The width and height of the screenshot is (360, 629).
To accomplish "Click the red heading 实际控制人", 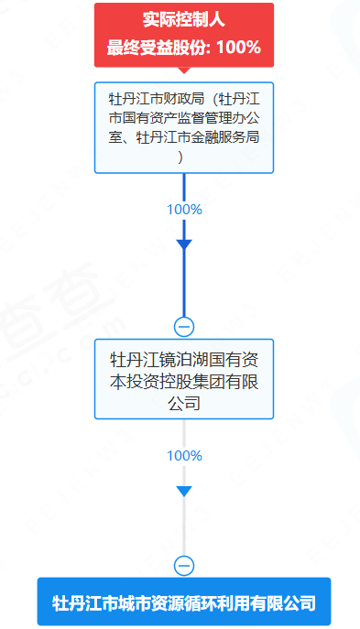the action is click(x=183, y=18).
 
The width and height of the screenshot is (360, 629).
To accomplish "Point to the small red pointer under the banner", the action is click(x=183, y=70).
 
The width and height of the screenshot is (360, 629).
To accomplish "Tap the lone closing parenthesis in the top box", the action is click(x=183, y=157).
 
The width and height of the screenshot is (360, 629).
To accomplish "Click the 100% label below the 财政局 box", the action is click(x=183, y=209).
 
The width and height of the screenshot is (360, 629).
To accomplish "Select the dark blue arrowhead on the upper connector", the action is click(x=183, y=244).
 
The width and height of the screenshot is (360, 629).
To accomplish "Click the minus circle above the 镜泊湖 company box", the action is click(x=183, y=326).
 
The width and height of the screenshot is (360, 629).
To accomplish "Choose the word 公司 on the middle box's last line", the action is click(x=183, y=403).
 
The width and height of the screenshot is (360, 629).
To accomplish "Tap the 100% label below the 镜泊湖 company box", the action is click(x=183, y=455).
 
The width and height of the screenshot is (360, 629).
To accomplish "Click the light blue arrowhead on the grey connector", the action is click(x=183, y=492).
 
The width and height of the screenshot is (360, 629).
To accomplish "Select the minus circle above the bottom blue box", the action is click(x=183, y=565).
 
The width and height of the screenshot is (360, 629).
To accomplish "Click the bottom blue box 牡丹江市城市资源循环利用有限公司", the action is click(x=183, y=603).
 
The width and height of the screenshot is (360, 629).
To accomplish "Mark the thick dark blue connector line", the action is click(x=183, y=284).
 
